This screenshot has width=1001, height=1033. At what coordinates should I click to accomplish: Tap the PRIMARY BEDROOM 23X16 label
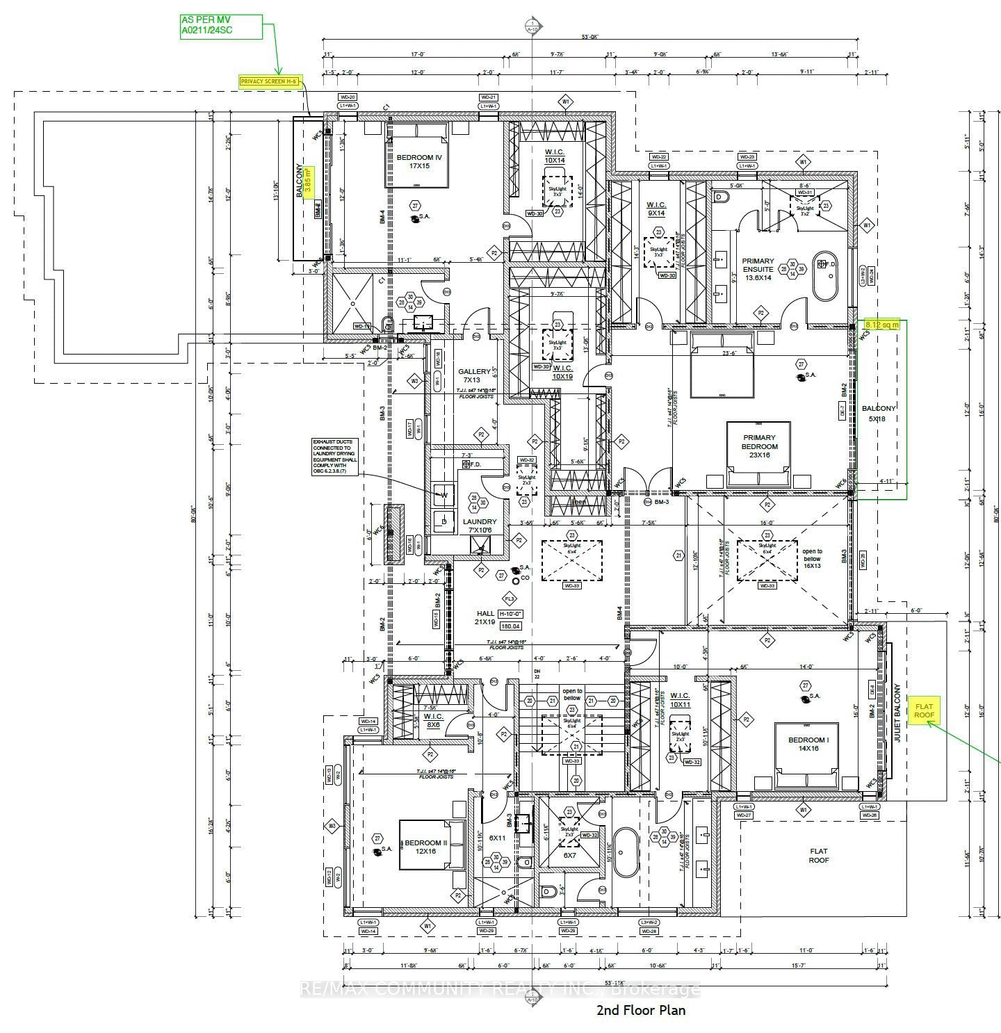tap(759, 446)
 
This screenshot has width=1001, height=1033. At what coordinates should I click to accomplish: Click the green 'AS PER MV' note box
tap(220, 26)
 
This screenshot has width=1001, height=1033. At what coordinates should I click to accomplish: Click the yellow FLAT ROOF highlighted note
tap(924, 710)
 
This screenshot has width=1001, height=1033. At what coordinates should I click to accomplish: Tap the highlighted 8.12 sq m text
tap(882, 325)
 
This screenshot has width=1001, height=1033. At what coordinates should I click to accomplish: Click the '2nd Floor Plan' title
tap(640, 1010)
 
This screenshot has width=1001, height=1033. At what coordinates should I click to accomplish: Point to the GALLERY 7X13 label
tap(473, 375)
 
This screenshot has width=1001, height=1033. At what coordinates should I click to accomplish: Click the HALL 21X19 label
tap(486, 617)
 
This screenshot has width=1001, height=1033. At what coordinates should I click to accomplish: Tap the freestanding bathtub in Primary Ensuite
tap(826, 276)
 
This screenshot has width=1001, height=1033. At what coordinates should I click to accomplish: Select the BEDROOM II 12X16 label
tap(425, 847)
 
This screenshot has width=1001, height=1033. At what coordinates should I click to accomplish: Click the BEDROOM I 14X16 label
tap(808, 744)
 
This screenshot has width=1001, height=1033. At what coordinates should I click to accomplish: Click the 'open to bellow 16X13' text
tap(812, 558)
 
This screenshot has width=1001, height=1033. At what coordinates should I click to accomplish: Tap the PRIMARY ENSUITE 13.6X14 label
tap(758, 269)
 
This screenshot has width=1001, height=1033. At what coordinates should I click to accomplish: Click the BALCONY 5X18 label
tap(878, 414)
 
